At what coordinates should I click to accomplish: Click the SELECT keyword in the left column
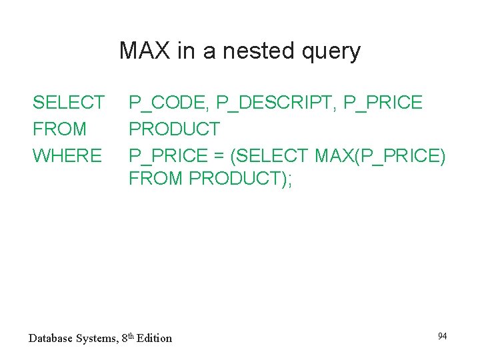[x=68, y=103]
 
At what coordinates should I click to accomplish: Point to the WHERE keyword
[x=67, y=156]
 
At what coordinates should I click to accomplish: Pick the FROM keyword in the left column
[x=59, y=129]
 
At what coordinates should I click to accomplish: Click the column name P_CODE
[x=167, y=103]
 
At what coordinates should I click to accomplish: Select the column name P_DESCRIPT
[x=276, y=103]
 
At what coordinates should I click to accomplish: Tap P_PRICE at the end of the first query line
[x=383, y=103]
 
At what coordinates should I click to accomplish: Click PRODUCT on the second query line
[x=174, y=129]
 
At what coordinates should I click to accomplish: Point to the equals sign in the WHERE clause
[x=219, y=156]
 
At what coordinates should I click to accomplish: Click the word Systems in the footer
[x=99, y=338]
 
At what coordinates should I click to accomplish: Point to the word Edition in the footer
[x=154, y=338]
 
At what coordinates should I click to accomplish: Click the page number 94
[x=442, y=336]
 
